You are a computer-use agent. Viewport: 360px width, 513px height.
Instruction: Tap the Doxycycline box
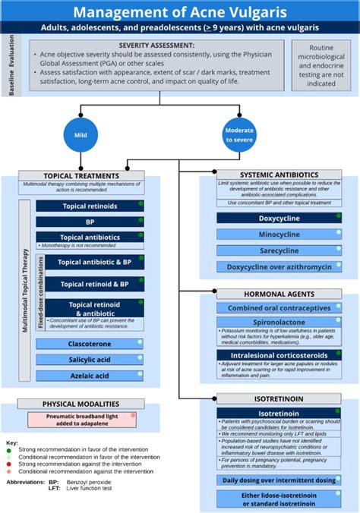278,218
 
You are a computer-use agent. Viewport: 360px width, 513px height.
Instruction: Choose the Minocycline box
278,234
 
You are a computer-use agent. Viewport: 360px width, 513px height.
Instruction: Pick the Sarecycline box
278,250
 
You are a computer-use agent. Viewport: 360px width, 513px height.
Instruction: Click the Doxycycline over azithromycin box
278,267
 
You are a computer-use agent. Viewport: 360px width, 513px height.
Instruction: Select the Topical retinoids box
90,206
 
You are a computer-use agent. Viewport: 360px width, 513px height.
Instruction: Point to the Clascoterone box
90,343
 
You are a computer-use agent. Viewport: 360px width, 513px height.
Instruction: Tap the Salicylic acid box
90,359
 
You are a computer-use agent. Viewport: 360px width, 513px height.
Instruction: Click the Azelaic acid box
90,375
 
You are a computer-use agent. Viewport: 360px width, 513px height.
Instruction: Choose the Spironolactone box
278,323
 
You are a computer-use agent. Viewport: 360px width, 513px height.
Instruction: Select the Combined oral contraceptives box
278,308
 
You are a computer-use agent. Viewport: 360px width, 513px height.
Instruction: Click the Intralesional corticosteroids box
278,354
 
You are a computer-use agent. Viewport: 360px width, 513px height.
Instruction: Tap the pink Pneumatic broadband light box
83,420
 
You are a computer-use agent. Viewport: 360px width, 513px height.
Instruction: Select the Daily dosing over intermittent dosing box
278,480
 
